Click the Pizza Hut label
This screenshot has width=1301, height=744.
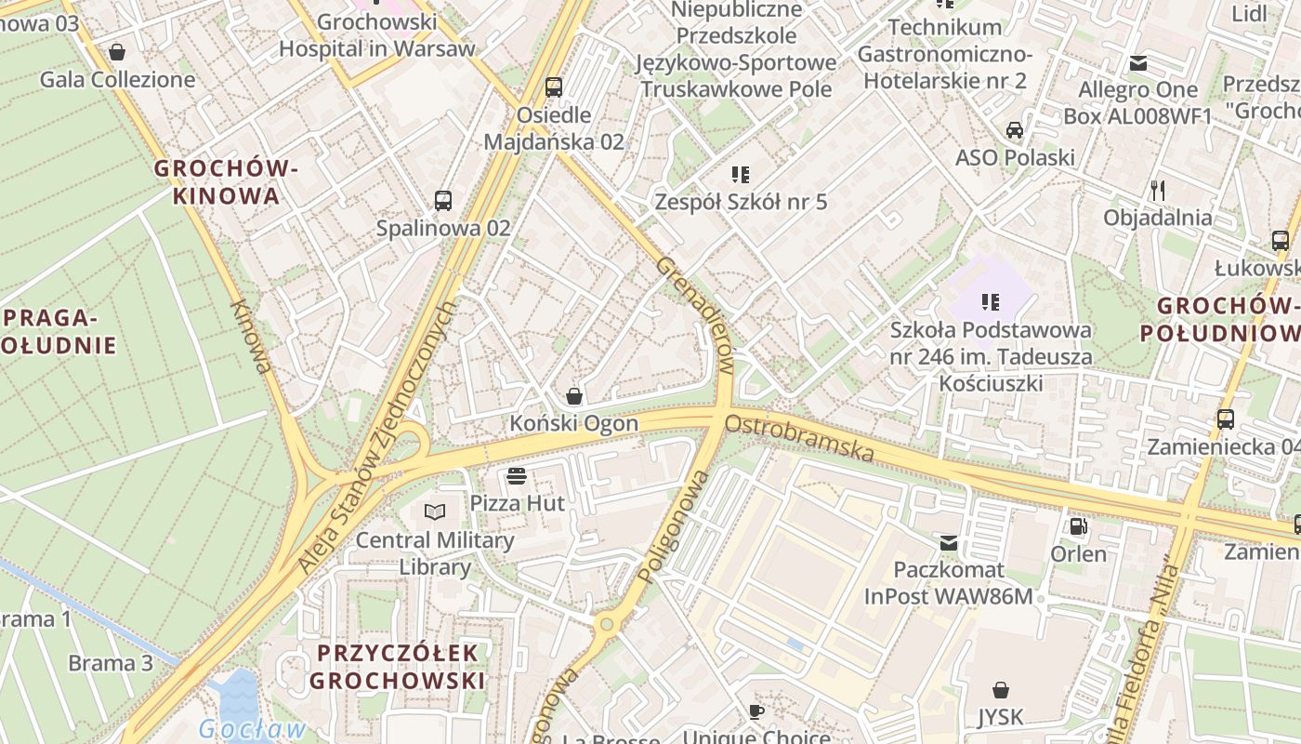tap(517, 503)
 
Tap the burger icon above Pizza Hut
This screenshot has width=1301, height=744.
tap(517, 477)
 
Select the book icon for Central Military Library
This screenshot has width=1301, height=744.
tap(435, 511)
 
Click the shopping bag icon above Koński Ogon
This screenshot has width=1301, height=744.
tap(574, 396)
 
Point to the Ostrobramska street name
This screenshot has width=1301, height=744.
tap(799, 438)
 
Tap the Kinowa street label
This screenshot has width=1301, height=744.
tap(252, 336)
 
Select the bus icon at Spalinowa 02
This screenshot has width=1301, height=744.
tap(443, 200)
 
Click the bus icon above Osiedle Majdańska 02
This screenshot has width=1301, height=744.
tap(554, 87)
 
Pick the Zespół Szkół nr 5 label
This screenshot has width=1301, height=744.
tap(741, 202)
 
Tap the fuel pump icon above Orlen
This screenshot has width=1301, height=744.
tap(1078, 526)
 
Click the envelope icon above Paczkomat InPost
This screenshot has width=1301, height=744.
tap(948, 542)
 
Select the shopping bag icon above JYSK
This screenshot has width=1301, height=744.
tap(1000, 690)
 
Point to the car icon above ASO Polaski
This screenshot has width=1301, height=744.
tap(1015, 130)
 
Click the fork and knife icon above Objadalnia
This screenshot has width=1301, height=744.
tap(1157, 191)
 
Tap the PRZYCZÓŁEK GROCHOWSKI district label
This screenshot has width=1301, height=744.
tap(397, 667)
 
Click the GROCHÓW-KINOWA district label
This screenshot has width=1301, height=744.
tap(226, 182)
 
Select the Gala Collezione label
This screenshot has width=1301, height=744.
tap(117, 80)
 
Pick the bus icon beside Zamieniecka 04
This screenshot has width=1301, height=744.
tap(1225, 419)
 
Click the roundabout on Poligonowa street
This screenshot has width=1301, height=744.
tap(607, 624)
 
